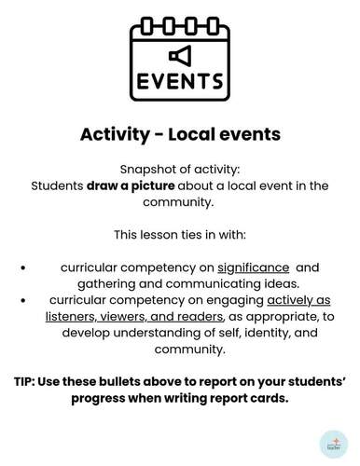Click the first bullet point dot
pos(23,267)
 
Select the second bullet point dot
pos(23,300)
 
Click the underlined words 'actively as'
pos(298,300)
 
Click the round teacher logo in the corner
pos(333,443)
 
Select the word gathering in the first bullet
pos(110,283)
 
